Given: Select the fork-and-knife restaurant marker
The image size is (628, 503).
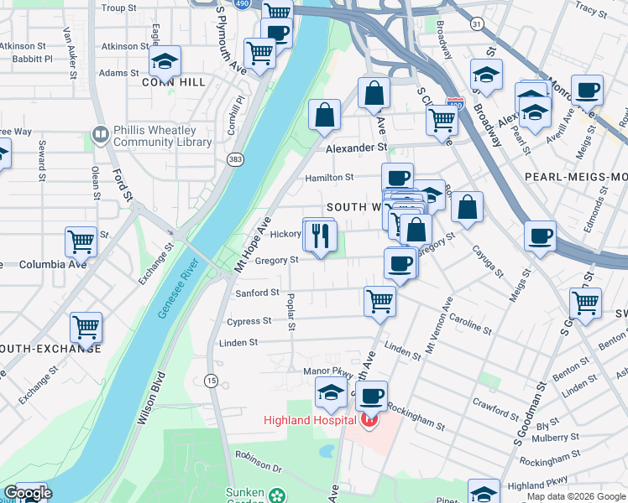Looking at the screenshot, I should pyautogui.click(x=319, y=236).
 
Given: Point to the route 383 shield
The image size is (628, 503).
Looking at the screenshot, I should pyautogui.click(x=234, y=158).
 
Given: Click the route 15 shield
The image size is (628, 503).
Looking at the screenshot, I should pyautogui.click(x=211, y=381).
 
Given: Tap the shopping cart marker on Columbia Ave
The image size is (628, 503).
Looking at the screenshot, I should pyautogui.click(x=81, y=242).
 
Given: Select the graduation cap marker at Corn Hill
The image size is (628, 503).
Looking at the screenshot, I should pyautogui.click(x=165, y=61).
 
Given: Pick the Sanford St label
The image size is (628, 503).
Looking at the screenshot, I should pyautogui.click(x=257, y=293).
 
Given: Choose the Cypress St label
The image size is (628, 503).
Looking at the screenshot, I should pyautogui.click(x=249, y=321).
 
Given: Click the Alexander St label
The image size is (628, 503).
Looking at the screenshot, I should pyautogui.click(x=356, y=148).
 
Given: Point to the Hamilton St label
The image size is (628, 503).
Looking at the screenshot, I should pyautogui.click(x=329, y=178).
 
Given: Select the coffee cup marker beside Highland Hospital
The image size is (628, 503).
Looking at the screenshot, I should pyautogui.click(x=370, y=396).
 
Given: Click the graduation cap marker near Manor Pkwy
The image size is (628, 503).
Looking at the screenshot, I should pyautogui.click(x=331, y=392).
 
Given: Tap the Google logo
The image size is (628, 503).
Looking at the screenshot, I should pyautogui.click(x=27, y=493).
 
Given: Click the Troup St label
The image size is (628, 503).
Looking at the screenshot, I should pyautogui.click(x=118, y=8).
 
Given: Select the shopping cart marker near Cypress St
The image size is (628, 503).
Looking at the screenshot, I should pyautogui.click(x=380, y=301).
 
